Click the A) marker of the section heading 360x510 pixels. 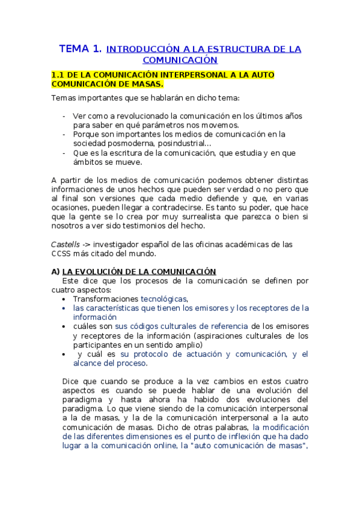56,272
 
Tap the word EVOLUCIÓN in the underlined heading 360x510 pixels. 97,272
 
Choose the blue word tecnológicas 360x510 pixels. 163,299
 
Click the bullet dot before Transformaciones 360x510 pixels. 64,299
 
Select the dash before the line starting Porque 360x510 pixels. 64,134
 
